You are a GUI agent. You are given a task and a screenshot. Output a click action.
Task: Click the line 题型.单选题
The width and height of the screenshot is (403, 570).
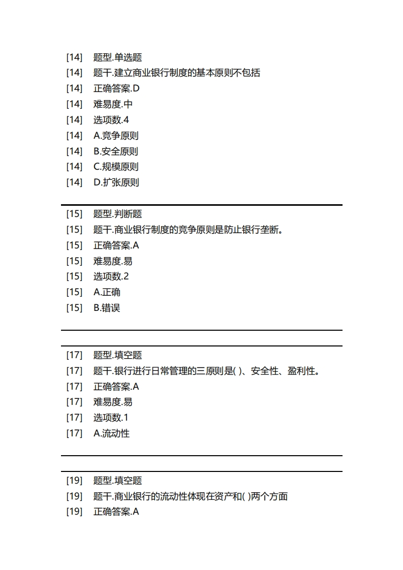(x=117, y=57)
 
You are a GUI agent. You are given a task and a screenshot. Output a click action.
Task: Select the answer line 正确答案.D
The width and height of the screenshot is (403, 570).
(x=116, y=88)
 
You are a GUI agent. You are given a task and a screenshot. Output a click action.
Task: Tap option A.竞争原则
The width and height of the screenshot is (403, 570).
(x=116, y=136)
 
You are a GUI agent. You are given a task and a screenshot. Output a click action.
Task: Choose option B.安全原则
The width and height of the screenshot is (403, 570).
(x=116, y=151)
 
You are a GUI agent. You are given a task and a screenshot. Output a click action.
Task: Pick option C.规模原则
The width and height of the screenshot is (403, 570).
(x=116, y=167)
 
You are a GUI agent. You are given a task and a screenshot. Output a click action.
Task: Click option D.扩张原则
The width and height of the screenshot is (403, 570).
(x=116, y=182)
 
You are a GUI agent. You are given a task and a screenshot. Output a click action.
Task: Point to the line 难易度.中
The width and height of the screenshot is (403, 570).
(x=113, y=104)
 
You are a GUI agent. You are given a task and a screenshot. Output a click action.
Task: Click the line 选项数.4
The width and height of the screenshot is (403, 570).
(x=111, y=120)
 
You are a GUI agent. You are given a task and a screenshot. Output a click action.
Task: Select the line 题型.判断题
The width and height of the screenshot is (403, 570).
(x=117, y=214)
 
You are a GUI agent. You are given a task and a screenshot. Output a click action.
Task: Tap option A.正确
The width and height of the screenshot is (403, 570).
(x=107, y=292)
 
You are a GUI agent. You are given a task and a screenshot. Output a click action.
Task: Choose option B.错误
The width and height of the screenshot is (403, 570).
(x=107, y=308)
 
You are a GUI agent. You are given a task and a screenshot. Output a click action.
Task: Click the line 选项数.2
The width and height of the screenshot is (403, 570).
(x=111, y=276)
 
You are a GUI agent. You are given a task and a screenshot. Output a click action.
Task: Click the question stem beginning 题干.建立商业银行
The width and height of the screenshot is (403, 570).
(x=177, y=73)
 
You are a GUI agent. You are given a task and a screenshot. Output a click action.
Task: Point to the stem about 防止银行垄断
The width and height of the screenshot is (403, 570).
(x=188, y=230)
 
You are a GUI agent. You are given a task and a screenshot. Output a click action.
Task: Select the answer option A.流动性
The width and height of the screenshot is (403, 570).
(x=111, y=433)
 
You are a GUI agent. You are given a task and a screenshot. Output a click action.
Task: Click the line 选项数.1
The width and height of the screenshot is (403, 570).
(x=111, y=418)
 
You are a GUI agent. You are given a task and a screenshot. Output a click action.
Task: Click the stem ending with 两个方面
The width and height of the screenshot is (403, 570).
(x=191, y=496)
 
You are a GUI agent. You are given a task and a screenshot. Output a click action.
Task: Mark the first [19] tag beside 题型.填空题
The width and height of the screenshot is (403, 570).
(x=74, y=481)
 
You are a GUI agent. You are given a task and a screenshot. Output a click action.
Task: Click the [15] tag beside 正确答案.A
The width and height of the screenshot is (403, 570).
(x=74, y=245)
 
